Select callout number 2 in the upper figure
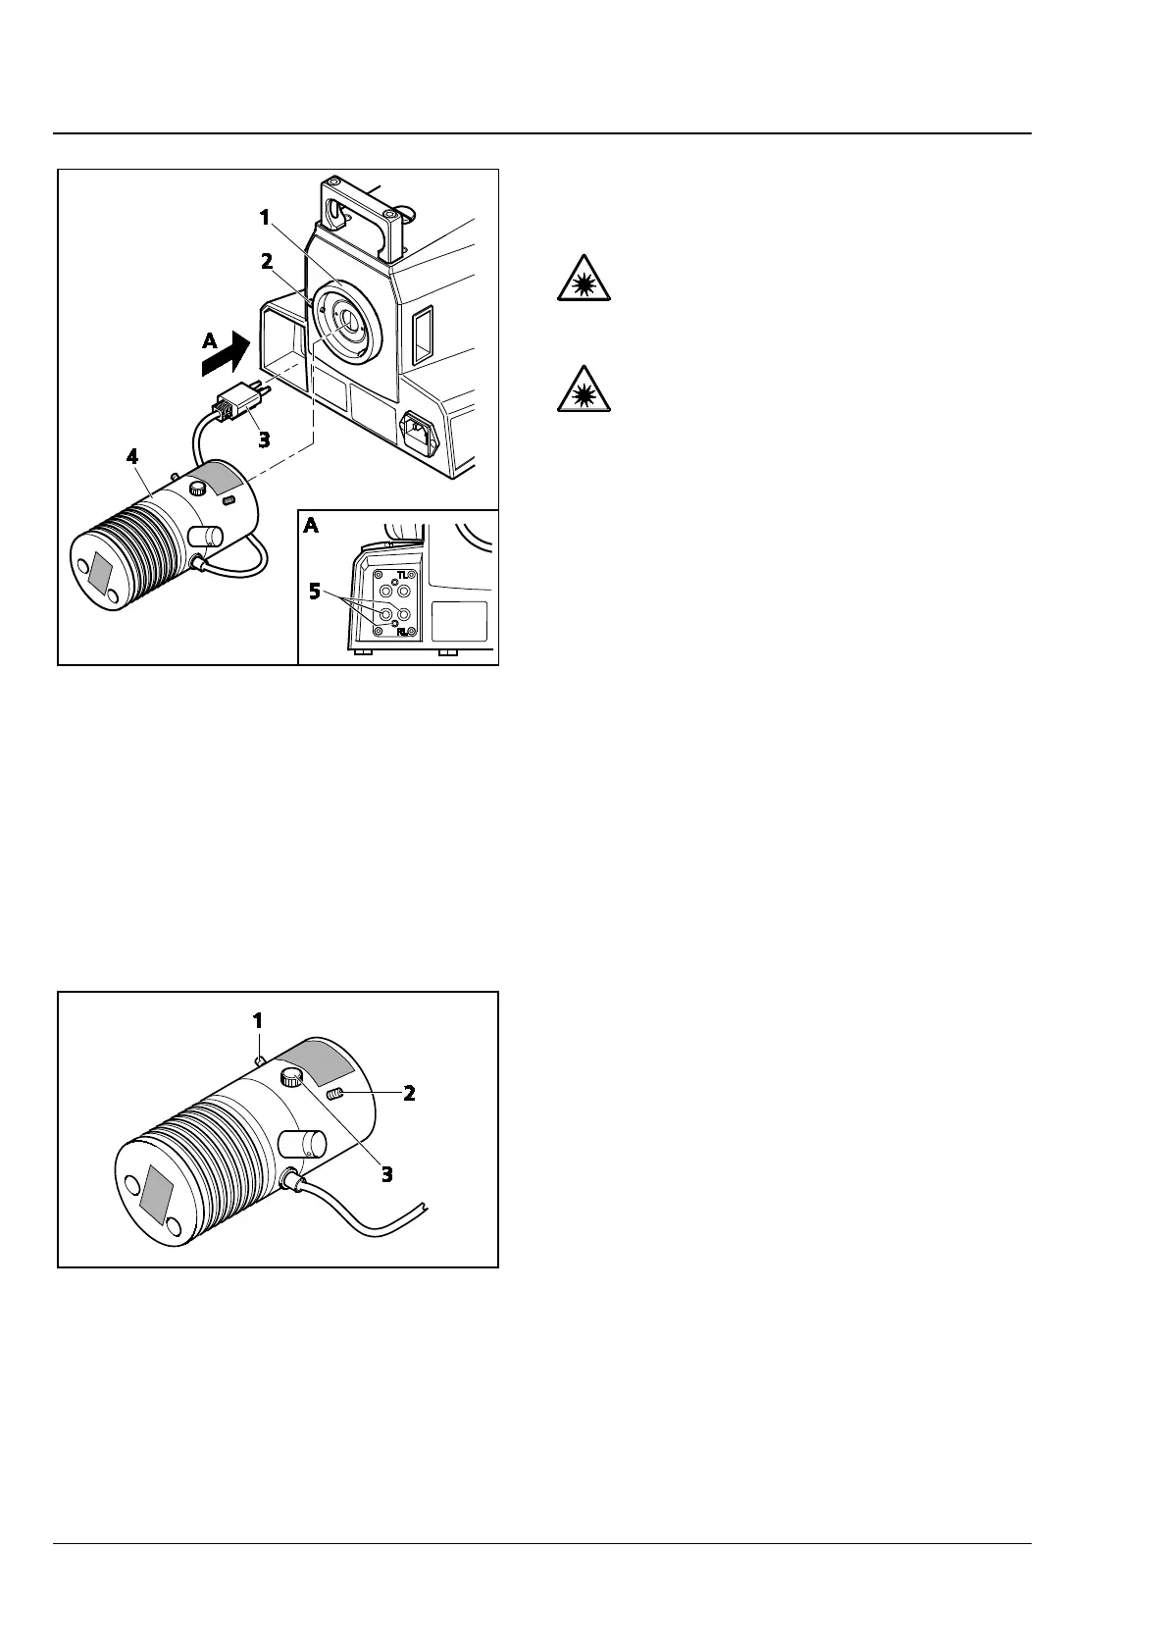coord(266,262)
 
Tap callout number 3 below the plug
coord(264,439)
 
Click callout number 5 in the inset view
coord(316,592)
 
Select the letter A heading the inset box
coord(311,526)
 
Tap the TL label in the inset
coord(402,575)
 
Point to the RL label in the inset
coord(402,633)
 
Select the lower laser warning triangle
coord(584,389)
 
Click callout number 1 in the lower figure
coord(258,1020)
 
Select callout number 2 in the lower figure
coord(409,1093)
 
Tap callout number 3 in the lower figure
coord(387,1173)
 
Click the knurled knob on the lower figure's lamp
coord(292,1078)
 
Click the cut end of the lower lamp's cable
coord(424,1206)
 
